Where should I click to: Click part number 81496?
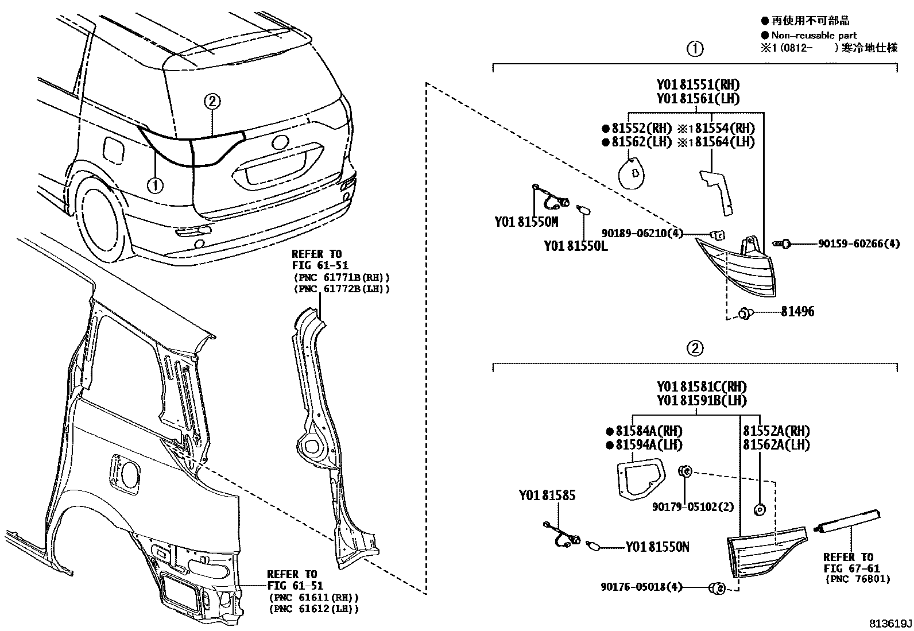[x=797, y=312]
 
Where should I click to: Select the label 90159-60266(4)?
[x=859, y=244]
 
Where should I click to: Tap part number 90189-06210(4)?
[x=642, y=233]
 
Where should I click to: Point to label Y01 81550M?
[x=526, y=221]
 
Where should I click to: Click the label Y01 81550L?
[x=575, y=246]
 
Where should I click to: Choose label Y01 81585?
[x=547, y=495]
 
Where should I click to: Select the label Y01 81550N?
[x=657, y=547]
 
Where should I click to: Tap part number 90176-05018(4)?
[x=641, y=587]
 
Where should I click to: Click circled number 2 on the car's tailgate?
[x=212, y=102]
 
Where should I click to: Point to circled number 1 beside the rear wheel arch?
[x=155, y=185]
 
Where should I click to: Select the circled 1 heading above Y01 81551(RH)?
[x=695, y=48]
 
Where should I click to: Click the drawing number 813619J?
[x=889, y=624]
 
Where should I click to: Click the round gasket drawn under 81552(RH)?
[x=632, y=173]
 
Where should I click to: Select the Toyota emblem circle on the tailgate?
[x=281, y=143]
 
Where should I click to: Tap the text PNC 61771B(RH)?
[x=341, y=277]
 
